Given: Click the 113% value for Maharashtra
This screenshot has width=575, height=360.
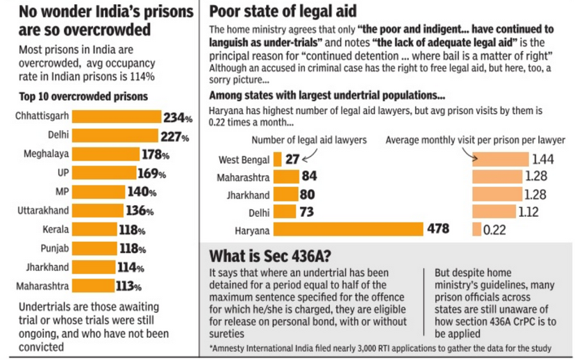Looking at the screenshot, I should tap(128, 286).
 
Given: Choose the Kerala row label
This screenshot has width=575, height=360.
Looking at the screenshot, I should tap(56, 229).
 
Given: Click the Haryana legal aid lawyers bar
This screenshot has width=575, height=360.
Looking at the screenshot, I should tap(348, 229).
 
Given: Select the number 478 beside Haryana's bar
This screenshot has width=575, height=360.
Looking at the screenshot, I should tap(437, 229).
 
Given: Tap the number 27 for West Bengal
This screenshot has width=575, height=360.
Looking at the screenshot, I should tap(292, 159).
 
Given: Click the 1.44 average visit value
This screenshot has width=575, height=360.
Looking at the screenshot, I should tap(543, 159).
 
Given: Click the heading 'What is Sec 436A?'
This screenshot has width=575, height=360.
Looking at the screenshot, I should tap(269, 254).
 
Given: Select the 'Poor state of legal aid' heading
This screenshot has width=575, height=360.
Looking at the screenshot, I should tap(283, 11).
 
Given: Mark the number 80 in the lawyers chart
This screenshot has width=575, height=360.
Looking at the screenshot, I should tap(306, 195).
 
